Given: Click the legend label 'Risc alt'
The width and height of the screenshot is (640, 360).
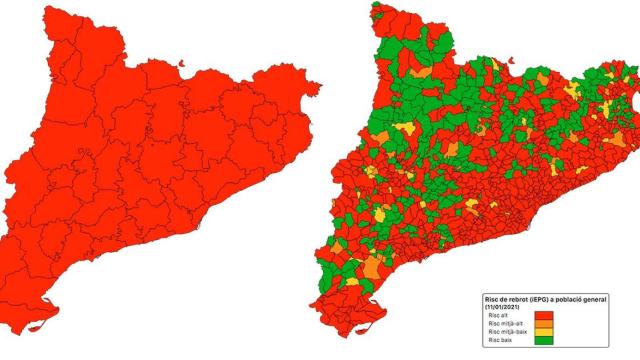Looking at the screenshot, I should point(496,315).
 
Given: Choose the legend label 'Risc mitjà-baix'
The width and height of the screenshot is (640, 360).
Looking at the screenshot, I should point(504,332).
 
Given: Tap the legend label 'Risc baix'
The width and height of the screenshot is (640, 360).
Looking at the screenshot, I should point(498,341).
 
